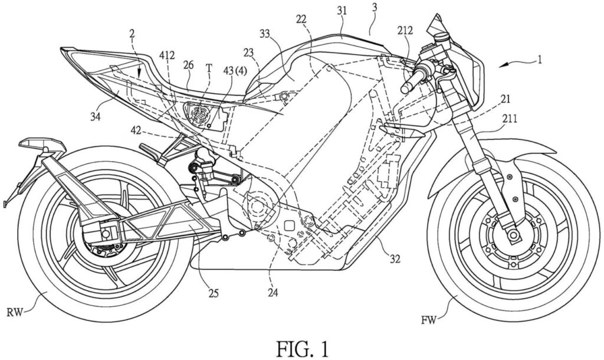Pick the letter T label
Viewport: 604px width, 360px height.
pyautogui.click(x=208, y=68)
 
